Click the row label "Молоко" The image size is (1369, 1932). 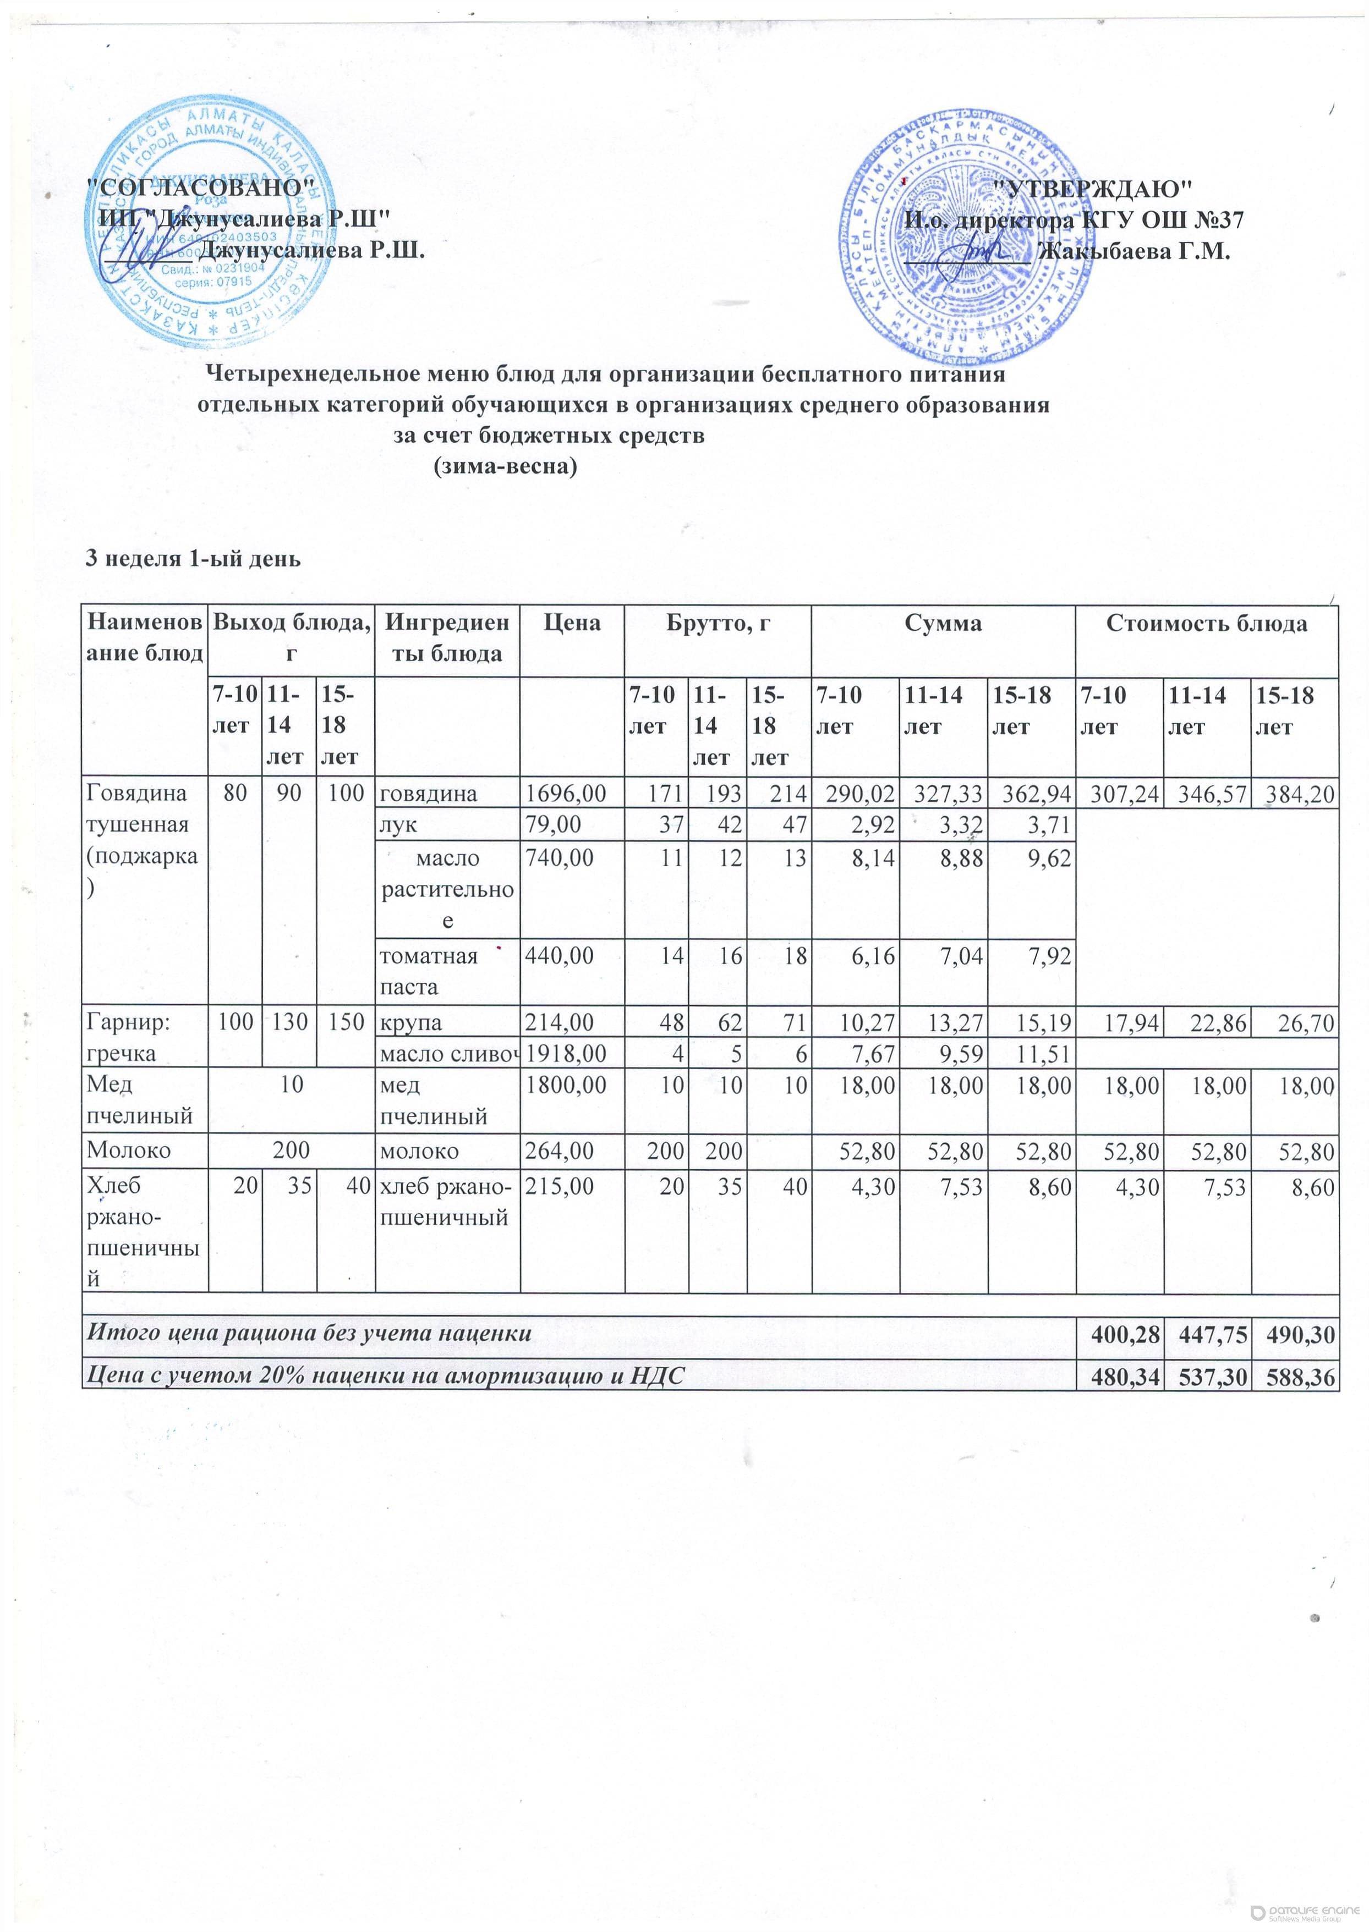(128, 1150)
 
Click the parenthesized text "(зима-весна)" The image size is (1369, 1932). (505, 467)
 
